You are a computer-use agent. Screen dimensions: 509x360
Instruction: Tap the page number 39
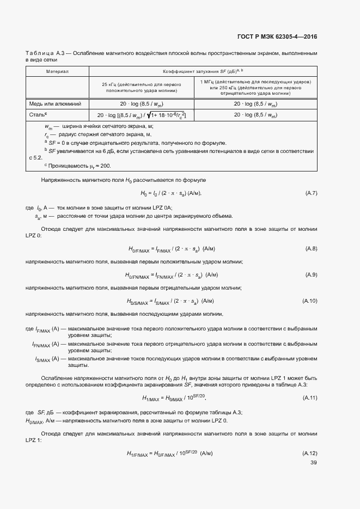coord(313,463)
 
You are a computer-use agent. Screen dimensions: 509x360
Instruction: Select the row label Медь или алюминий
coord(55,103)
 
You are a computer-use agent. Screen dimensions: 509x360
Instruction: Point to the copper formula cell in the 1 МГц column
coord(255,103)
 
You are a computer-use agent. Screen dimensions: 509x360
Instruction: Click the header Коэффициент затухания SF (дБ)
coord(203,71)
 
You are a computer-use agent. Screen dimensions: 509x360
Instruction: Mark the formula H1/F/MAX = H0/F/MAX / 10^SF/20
coord(169,453)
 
